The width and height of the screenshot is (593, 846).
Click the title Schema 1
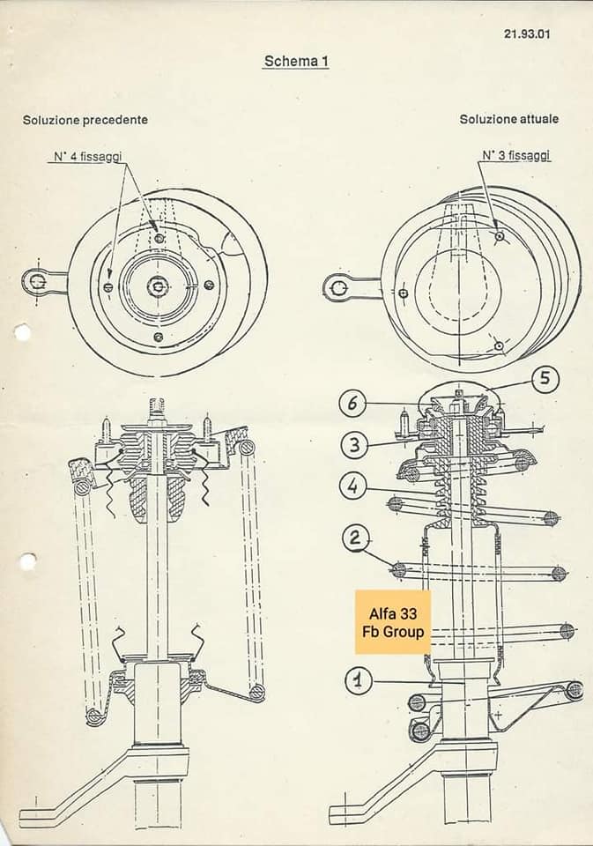pos(296,62)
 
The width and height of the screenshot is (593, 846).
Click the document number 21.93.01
pos(527,34)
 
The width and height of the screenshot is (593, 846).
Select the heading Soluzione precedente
pos(85,119)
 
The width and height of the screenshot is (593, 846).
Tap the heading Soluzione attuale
pos(508,119)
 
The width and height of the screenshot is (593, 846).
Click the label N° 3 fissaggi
pos(515,155)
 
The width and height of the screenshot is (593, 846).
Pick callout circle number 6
pos(352,404)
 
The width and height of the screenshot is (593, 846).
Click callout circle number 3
pos(354,445)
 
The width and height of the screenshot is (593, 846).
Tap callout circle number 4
pos(353,486)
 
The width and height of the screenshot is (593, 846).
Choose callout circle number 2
pos(356,537)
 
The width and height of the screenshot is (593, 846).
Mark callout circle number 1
pos(358,680)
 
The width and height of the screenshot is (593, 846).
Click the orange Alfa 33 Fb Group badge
pos(393,622)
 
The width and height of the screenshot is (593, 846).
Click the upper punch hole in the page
pos(22,332)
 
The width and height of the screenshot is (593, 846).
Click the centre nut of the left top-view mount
pos(158,285)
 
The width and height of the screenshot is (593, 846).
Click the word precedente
pos(115,119)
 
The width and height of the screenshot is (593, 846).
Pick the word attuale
pos(538,119)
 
